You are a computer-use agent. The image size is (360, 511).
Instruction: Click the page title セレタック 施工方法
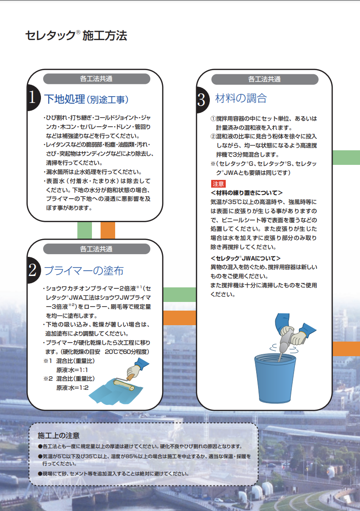tap(76, 36)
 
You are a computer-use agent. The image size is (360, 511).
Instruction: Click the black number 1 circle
tap(33, 97)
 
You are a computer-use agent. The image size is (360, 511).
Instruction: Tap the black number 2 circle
tap(33, 270)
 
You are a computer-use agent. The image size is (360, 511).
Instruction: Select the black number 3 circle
tap(203, 99)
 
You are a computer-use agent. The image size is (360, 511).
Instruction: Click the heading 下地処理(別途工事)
tap(86, 99)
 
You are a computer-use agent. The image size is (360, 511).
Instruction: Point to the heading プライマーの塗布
tap(84, 271)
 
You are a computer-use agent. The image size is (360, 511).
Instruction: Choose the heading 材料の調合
tap(241, 98)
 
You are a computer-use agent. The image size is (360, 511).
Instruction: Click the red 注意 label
tap(218, 184)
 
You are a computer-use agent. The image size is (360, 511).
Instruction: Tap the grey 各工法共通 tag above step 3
tap(264, 79)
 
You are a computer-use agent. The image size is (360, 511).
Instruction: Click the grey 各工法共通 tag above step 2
tap(96, 249)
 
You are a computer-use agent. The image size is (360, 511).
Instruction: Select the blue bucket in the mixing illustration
tap(275, 378)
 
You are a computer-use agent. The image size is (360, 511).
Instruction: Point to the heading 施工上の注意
tap(59, 435)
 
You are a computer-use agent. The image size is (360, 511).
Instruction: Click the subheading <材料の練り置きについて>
tap(247, 193)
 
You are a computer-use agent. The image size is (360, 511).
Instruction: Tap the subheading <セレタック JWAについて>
tap(245, 258)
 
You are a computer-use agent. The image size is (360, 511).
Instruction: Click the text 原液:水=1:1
tap(72, 370)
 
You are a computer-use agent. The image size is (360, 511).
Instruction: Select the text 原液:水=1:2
tap(72, 388)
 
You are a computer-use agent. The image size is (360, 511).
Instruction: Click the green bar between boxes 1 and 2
tap(84, 230)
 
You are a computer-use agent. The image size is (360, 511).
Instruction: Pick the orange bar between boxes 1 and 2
tap(108, 230)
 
